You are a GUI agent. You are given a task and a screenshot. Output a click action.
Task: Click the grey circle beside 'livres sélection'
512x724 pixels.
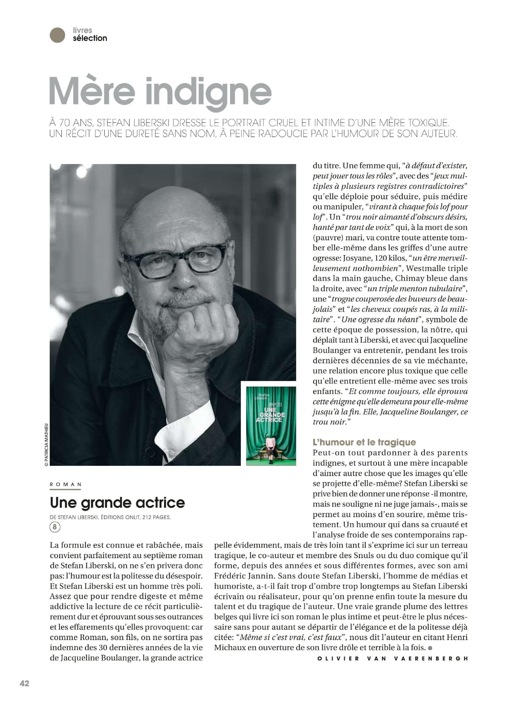coord(57,35)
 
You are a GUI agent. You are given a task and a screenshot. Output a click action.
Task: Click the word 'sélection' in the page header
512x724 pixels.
coord(90,38)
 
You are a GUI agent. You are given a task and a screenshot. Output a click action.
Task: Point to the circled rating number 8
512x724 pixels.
coord(55,527)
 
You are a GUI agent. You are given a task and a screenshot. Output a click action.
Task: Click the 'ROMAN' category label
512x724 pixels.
coord(66,484)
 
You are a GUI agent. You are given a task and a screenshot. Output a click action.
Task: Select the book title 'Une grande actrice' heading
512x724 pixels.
coord(117,503)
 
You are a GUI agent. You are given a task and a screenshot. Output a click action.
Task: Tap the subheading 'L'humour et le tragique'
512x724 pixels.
coord(364,442)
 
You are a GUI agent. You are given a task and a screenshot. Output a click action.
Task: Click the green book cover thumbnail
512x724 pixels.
coord(271,423)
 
